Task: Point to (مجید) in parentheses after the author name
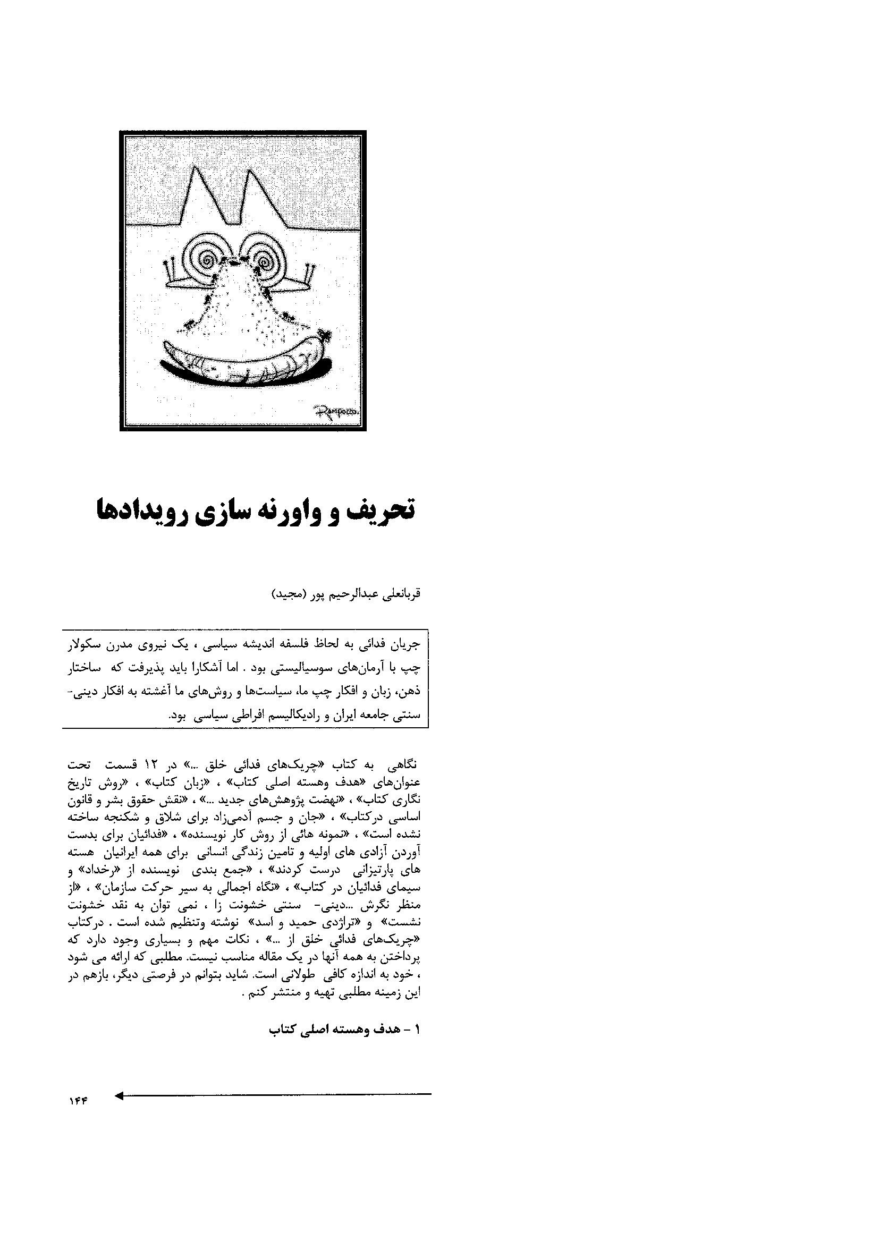(x=289, y=594)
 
